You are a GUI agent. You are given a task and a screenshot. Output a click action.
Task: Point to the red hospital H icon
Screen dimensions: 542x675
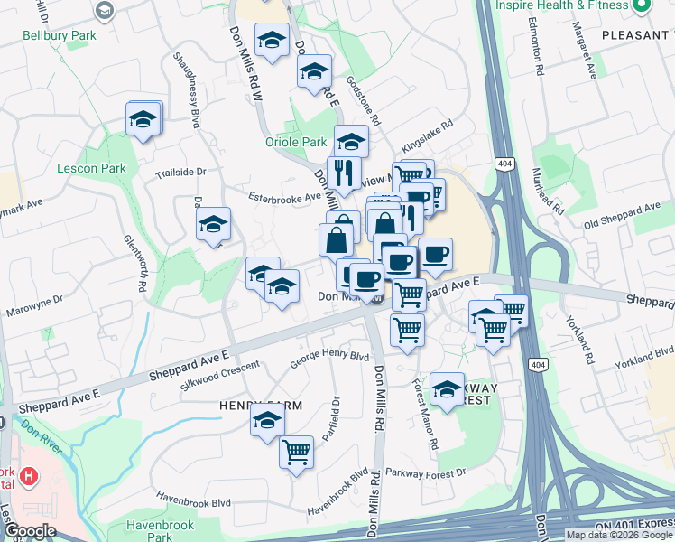point(30,474)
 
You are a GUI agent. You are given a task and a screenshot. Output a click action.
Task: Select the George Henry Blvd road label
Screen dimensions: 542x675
point(329,359)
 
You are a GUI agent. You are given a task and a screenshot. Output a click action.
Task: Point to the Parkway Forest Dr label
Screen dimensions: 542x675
point(425,472)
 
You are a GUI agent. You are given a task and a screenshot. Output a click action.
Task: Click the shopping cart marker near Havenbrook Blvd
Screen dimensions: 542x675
point(297,452)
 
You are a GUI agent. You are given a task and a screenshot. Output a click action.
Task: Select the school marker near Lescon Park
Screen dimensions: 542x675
point(143,119)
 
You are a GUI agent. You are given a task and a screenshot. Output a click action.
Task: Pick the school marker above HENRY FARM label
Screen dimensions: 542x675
point(267,421)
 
